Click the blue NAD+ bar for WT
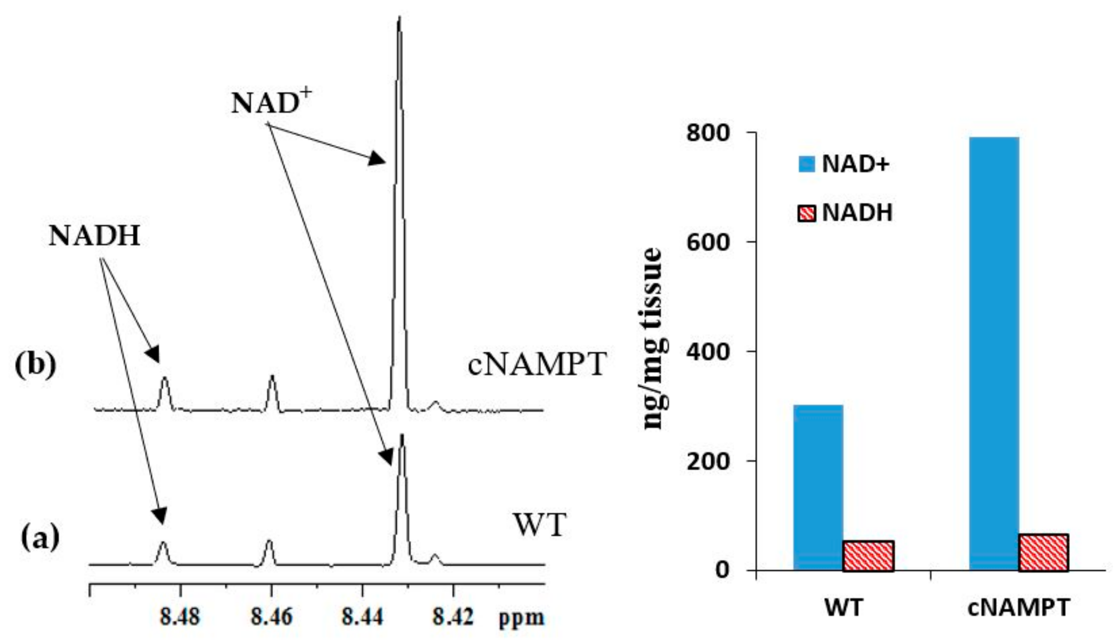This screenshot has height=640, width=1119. click(818, 488)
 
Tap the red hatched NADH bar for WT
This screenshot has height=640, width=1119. click(868, 556)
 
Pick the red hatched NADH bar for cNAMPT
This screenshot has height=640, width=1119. click(1043, 553)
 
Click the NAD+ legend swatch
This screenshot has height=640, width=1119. click(806, 164)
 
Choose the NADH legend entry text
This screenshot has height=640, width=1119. click(857, 213)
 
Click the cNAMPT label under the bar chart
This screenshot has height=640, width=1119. click(1018, 608)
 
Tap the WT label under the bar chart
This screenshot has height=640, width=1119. click(843, 608)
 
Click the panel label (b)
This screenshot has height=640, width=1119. click(36, 366)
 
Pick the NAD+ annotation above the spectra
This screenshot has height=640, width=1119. click(271, 103)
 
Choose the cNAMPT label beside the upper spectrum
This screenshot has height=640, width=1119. click(537, 365)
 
